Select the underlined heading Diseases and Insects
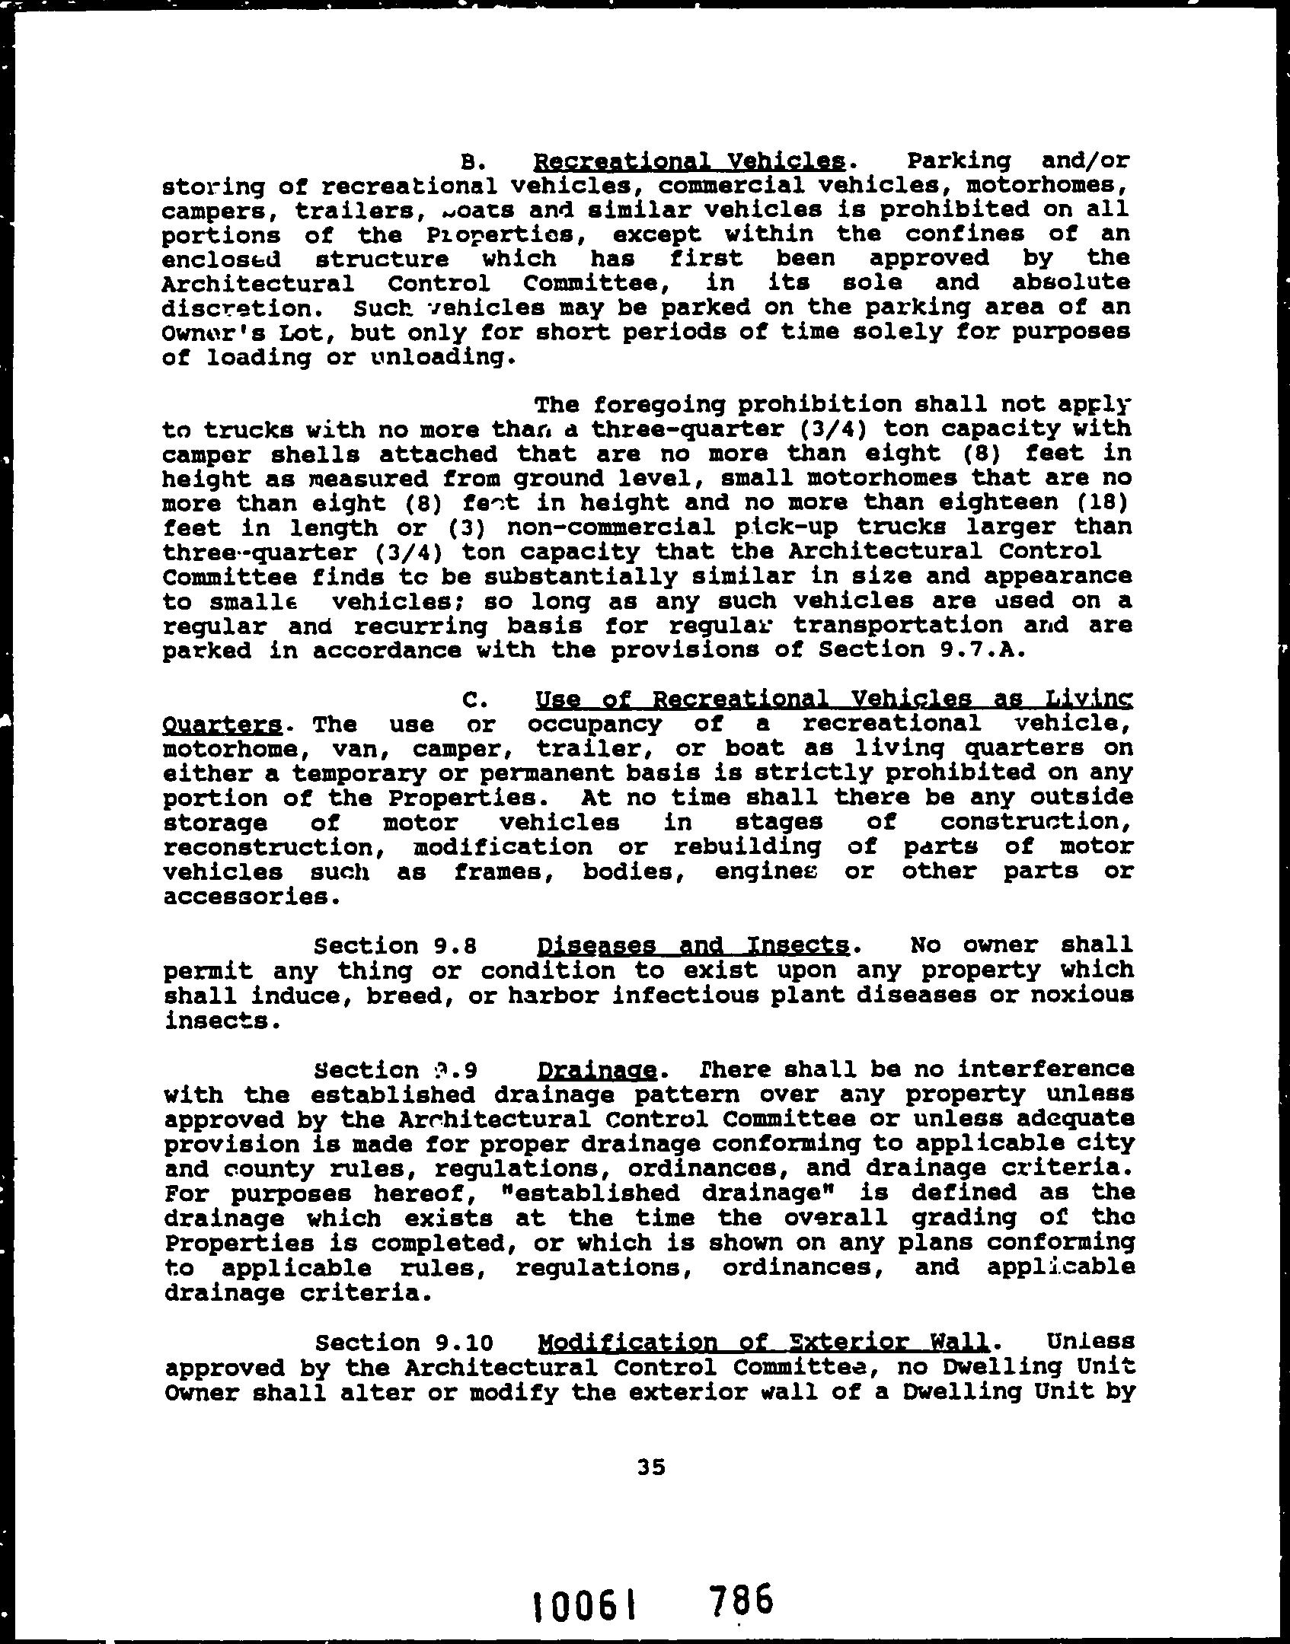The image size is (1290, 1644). click(693, 946)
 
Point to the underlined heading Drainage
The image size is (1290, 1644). click(596, 1072)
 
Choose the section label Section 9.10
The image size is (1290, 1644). click(404, 1343)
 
